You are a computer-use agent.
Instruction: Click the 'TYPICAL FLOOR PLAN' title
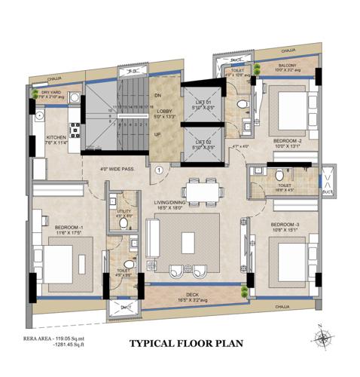(x=187, y=344)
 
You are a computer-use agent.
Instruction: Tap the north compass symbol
(x=322, y=339)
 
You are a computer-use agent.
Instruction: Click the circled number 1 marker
(x=159, y=170)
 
